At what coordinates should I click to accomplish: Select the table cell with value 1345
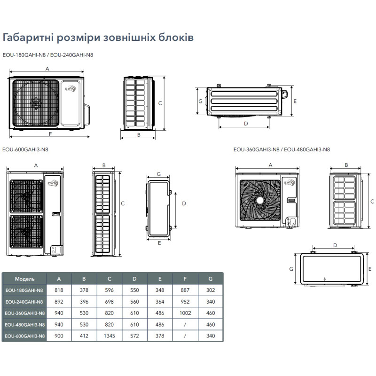pos(110,336)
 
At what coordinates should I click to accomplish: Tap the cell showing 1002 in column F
pos(185,313)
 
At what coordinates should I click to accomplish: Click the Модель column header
pos(24,279)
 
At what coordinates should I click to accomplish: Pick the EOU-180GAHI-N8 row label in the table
pos(24,290)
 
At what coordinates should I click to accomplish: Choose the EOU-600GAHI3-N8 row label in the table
pos(25,336)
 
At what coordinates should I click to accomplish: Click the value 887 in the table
pos(185,290)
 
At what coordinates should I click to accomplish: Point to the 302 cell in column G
pos(211,290)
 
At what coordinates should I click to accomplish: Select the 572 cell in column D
pos(134,336)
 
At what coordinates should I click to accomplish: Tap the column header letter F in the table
pos(185,279)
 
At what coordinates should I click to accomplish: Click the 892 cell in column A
pos(59,302)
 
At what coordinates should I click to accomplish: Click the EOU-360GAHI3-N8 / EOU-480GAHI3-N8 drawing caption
pos(282,149)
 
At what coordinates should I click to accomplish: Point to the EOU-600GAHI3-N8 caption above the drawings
pos(25,149)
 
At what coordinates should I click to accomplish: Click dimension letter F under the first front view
pos(50,134)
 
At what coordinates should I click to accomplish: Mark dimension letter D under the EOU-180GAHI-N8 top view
pos(246,124)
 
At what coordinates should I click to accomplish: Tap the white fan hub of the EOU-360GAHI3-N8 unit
pos(260,200)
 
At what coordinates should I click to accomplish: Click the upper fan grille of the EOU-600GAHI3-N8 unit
pos(26,196)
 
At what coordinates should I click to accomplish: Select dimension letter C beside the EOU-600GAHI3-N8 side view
pos(123,204)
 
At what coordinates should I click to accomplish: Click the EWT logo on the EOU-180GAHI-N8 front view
pos(70,89)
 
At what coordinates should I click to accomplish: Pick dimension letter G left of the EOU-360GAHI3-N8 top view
pos(291,269)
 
